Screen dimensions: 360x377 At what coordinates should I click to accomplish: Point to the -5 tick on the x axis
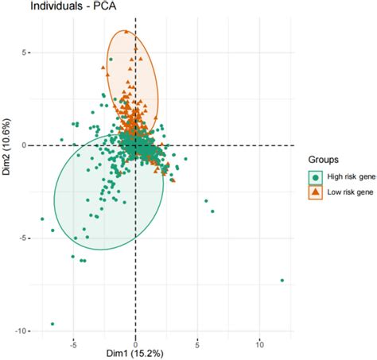(73, 344)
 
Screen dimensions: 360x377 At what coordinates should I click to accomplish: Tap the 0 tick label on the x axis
(135, 344)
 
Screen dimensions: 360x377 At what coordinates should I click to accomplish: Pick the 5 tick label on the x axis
(197, 344)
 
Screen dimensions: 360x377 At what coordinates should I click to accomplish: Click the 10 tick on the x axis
(259, 344)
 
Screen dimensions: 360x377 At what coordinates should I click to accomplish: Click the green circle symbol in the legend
(317, 176)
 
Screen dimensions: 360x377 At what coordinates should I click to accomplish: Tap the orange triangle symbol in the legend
(317, 192)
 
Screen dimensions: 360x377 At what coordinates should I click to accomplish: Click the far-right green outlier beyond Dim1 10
(282, 281)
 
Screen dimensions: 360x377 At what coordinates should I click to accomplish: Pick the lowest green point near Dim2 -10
(52, 324)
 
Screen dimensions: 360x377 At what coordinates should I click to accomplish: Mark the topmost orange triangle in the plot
(126, 32)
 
